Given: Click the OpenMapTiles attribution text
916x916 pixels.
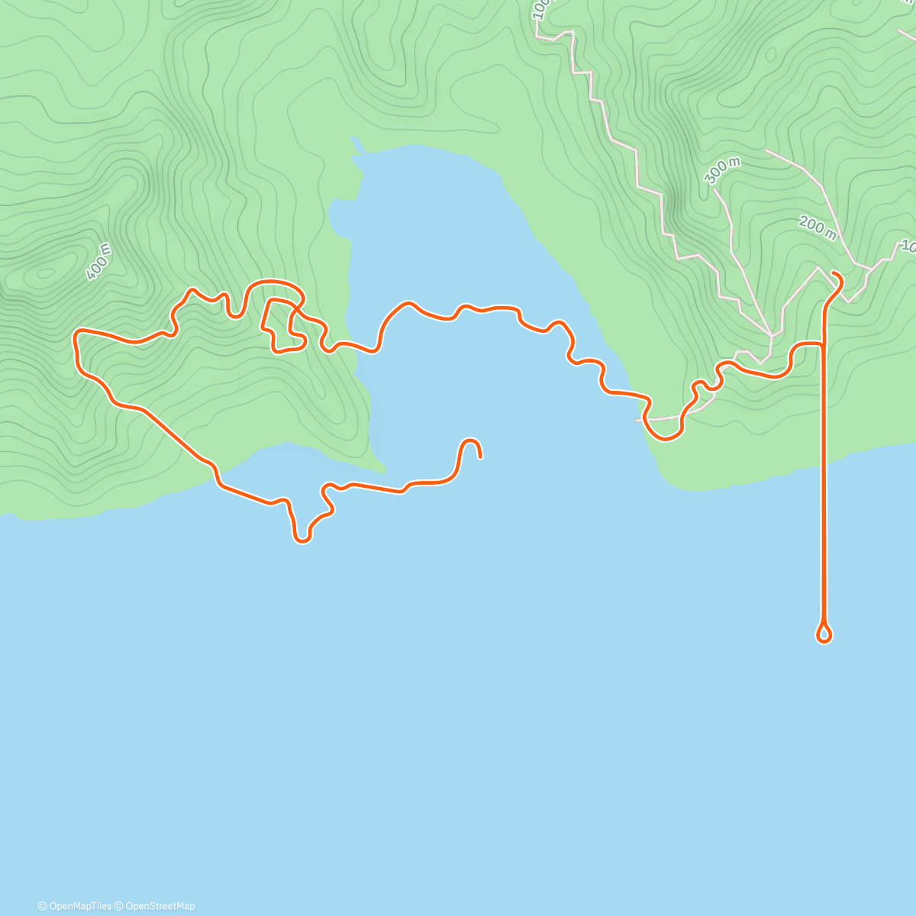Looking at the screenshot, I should [75, 906].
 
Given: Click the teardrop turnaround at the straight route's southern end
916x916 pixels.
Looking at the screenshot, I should [824, 634].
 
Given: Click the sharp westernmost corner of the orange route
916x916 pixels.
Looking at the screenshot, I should [75, 333].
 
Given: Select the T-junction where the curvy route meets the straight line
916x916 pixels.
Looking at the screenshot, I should [824, 345].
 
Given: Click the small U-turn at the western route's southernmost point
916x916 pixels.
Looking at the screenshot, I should [302, 540].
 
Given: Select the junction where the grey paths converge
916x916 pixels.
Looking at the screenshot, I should [771, 334].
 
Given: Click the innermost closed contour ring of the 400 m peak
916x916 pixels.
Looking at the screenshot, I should [46, 272].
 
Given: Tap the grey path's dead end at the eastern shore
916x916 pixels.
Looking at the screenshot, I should [637, 420].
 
